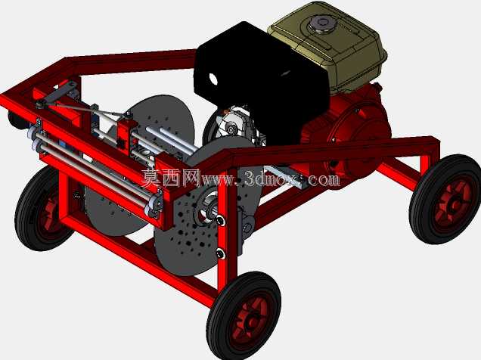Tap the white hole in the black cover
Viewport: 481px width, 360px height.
[x=213, y=79]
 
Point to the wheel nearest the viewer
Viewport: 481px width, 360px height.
[x=244, y=316]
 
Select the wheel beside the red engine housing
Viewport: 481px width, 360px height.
[x=445, y=200]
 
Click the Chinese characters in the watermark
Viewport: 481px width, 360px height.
[x=171, y=178]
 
